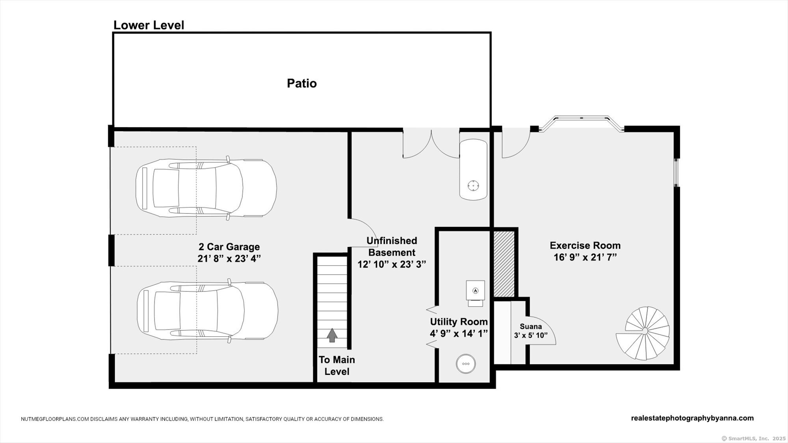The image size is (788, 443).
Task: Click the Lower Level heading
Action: click(149, 25)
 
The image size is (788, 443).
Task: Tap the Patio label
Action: click(302, 83)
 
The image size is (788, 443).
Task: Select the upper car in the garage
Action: click(206, 188)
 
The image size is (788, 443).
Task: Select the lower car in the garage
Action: click(208, 311)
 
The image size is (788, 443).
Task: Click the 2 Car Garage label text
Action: click(229, 247)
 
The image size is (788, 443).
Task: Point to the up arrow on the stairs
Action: click(332, 335)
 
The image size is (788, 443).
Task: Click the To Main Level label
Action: click(337, 365)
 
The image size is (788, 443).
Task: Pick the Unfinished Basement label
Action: click(392, 247)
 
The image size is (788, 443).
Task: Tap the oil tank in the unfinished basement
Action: click(473, 169)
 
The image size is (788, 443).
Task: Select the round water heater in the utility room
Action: click(466, 364)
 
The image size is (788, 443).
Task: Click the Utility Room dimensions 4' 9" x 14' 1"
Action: click(459, 334)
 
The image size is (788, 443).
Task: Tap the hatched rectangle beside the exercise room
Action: click(504, 264)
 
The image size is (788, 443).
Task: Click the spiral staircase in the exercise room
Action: click(643, 333)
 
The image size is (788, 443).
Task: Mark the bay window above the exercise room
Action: click(582, 123)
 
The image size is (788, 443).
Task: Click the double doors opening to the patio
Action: click(431, 143)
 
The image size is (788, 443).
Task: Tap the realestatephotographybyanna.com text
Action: click(692, 418)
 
